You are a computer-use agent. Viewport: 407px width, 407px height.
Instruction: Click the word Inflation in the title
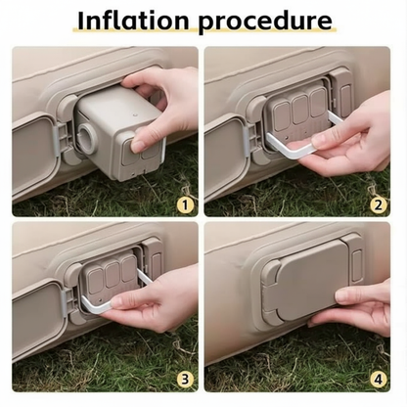133,21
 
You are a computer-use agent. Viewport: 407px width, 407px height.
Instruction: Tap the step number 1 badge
185,205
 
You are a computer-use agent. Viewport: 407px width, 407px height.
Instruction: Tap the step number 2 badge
378,205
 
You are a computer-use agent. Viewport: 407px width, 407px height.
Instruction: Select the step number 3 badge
185,380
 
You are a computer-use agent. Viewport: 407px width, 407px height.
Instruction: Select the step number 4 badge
378,380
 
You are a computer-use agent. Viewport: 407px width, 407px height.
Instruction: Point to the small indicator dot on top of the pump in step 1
134,114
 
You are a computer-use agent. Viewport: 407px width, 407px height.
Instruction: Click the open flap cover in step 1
34,155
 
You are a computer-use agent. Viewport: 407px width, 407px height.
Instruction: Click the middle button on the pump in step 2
300,110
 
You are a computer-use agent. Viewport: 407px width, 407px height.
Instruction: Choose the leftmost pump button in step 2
281,116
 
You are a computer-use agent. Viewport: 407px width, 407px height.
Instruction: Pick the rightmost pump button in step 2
318,103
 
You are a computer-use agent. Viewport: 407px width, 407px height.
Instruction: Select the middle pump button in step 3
113,275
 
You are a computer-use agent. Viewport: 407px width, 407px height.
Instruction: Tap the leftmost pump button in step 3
96,280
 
